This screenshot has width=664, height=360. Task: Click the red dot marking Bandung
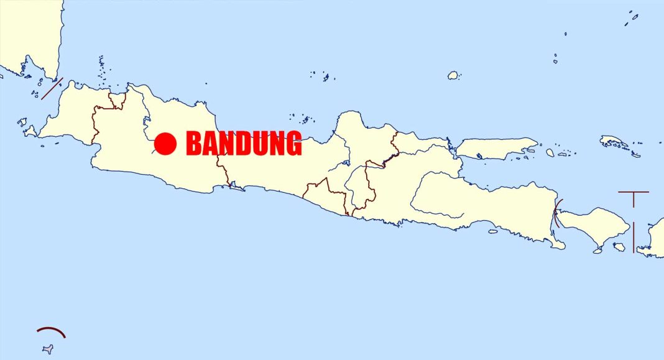coord(165,144)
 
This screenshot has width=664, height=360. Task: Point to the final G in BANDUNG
coord(292,144)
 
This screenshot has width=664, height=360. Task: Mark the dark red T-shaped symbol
coord(634,196)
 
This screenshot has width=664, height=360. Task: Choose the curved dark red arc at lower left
coord(51,331)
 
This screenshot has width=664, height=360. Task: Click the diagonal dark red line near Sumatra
coord(52,88)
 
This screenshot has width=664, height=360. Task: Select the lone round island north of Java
coord(453,75)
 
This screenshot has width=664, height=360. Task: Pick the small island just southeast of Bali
coord(619,247)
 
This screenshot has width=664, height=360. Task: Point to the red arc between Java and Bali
coord(556,212)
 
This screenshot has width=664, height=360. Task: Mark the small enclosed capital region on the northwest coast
coord(116,101)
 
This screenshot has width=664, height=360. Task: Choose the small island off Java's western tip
coord(29,131)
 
